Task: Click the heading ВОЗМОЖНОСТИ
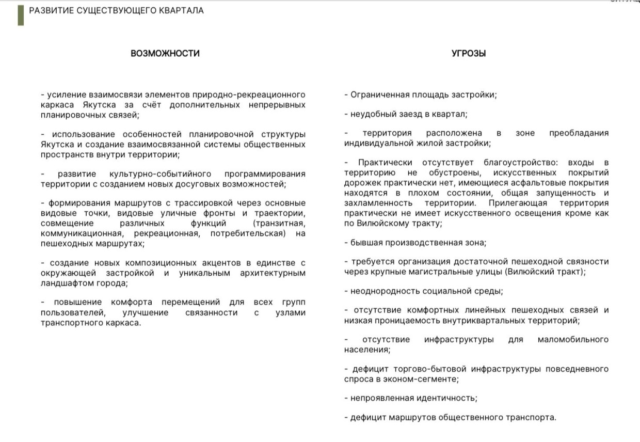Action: [x=165, y=53]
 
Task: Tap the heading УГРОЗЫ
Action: [x=469, y=53]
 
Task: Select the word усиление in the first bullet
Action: [x=65, y=94]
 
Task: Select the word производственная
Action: [x=416, y=242]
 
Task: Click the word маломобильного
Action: [x=573, y=339]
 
